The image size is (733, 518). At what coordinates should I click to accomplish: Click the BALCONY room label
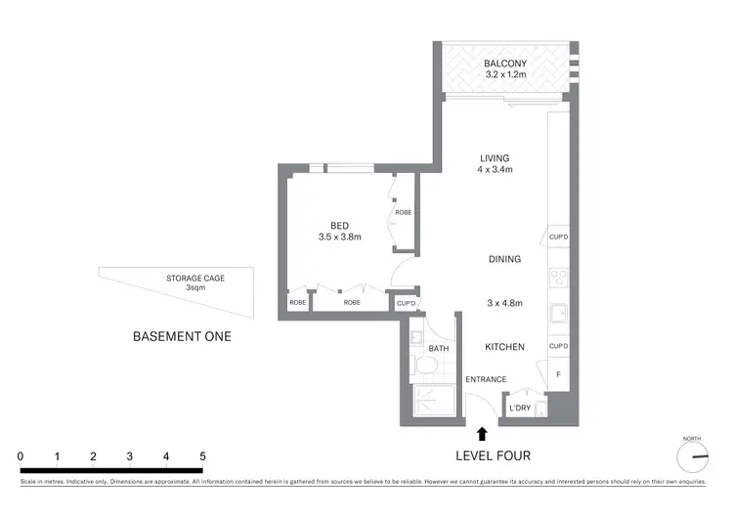[x=504, y=65]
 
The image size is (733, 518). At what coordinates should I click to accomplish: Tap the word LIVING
[x=495, y=158]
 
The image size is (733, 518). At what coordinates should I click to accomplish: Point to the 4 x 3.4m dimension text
[x=495, y=170]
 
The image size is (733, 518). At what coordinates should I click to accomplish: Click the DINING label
[x=504, y=259]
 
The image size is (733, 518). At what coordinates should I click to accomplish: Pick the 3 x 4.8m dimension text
[x=504, y=303]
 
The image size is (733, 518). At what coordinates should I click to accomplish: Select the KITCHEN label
[x=504, y=347]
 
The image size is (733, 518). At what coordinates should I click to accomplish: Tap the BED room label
[x=339, y=224]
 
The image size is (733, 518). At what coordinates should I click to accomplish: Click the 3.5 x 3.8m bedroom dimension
[x=339, y=236]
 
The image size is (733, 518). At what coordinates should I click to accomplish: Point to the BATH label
[x=438, y=348]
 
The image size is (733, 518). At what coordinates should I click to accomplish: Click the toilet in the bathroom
[x=424, y=366]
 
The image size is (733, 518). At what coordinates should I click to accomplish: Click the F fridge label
[x=558, y=374]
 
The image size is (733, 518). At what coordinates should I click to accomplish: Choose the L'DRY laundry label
[x=519, y=409]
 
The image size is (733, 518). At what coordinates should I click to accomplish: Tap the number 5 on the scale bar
[x=202, y=456]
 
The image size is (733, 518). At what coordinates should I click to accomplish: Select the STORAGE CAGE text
[x=195, y=279]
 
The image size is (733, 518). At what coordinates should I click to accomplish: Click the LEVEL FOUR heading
[x=494, y=456]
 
